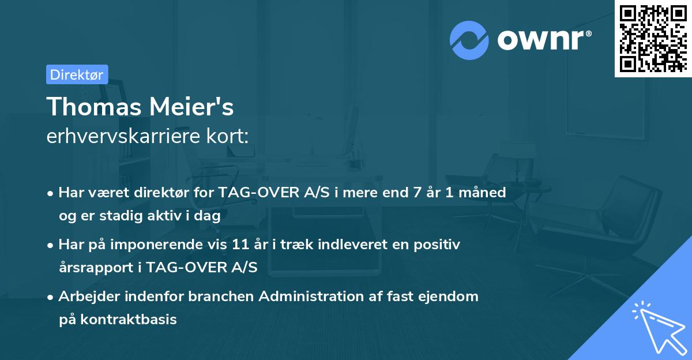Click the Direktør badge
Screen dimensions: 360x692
pos(77,74)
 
